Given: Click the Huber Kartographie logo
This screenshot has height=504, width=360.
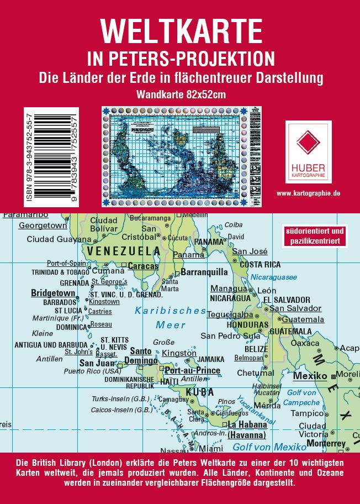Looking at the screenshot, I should coord(308,151).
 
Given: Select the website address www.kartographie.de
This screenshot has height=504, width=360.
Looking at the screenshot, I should coord(308,193).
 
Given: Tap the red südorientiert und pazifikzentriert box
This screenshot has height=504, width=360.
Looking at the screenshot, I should coord(315,236).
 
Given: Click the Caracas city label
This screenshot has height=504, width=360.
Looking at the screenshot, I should coord(143,266).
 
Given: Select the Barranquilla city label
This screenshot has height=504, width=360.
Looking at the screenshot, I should coord(204,272).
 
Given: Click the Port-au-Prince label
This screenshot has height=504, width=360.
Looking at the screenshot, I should coord(193,370).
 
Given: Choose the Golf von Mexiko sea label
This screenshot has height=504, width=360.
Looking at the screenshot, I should coord(269,447).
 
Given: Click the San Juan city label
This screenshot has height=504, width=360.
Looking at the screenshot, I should coord(98,363).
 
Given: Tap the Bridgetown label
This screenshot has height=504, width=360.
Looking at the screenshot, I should coord(53,293).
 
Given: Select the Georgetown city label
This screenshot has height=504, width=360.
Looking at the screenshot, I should coord(43,225).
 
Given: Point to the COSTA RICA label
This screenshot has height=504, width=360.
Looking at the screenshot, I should coord(260,265).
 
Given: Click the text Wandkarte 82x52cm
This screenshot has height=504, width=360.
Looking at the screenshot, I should coord(181,94).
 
